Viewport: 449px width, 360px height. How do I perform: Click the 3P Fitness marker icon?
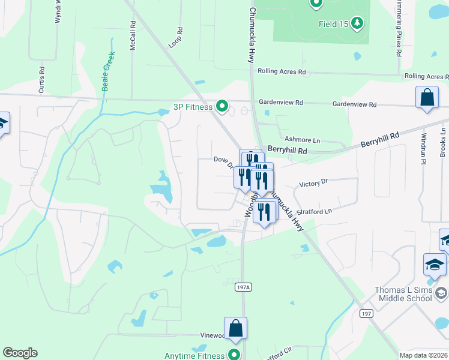221,107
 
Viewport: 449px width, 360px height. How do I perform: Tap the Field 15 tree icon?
357,23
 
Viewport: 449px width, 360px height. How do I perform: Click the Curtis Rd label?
41,77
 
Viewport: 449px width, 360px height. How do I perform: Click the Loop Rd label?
176,37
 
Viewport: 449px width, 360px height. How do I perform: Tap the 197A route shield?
242,288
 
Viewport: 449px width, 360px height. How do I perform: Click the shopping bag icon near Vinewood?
235,328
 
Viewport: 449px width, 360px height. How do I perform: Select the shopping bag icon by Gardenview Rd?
426,98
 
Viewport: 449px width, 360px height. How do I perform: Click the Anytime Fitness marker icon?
234,355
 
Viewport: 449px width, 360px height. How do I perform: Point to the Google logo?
20,353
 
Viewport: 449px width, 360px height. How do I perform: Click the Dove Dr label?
223,159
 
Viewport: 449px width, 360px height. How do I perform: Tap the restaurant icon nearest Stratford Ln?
264,212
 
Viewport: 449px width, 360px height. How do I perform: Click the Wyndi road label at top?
58,12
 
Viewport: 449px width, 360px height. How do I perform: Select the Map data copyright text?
423,355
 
